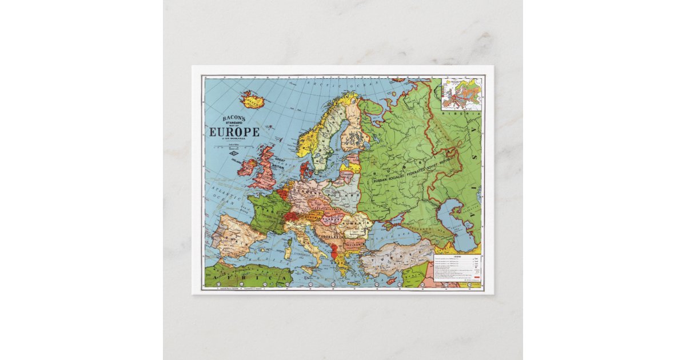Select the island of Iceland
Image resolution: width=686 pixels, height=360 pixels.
[252, 101]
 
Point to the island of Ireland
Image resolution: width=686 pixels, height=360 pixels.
[247, 167]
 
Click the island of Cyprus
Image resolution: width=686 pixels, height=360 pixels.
[391, 281]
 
